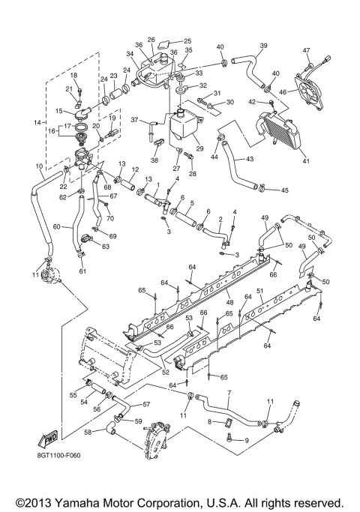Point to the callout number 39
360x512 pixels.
263,46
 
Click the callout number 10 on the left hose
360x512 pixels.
39,166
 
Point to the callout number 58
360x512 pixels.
88,433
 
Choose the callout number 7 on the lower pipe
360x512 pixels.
229,393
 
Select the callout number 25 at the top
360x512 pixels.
187,40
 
